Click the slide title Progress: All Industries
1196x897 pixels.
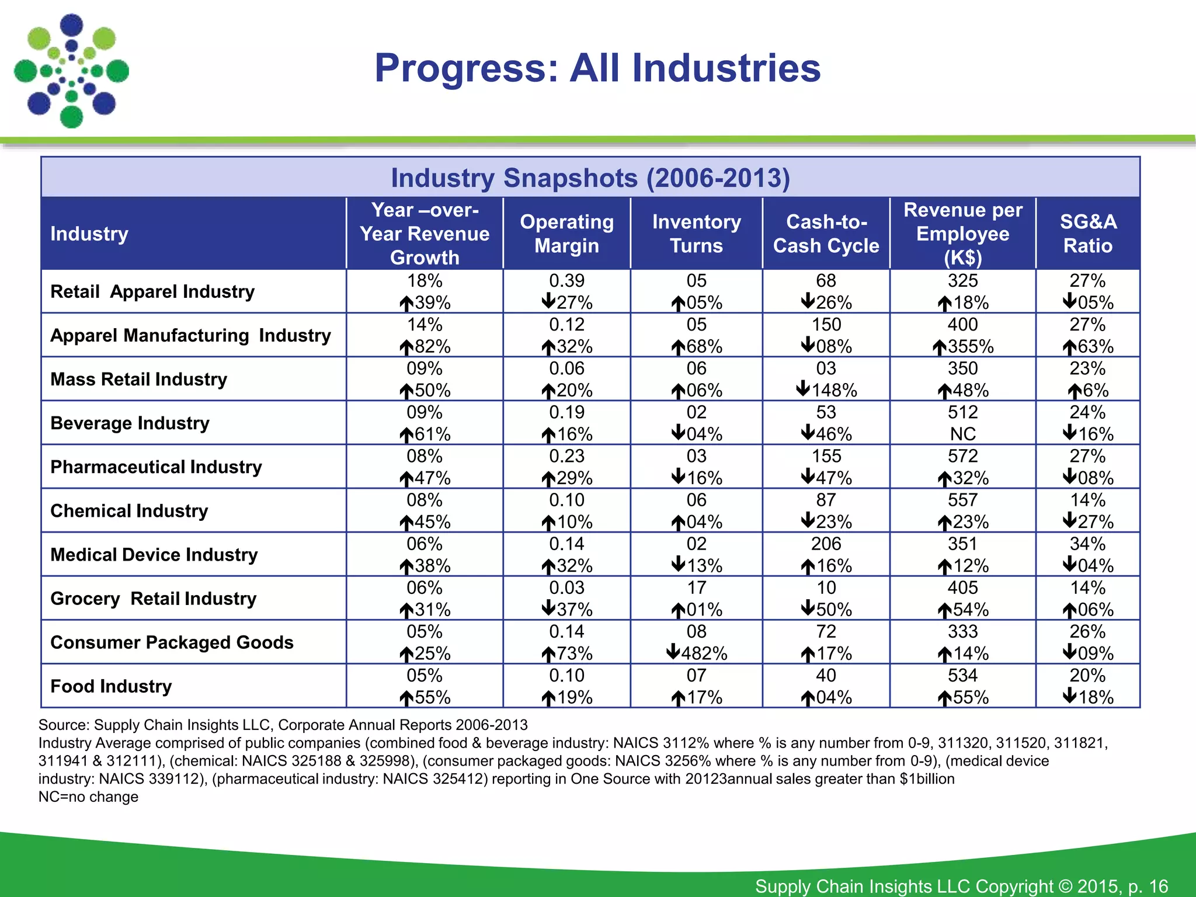(x=597, y=68)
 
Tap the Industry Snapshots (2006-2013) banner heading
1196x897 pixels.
(x=590, y=178)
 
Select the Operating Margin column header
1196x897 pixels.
(x=566, y=234)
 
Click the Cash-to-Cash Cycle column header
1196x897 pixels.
(x=826, y=234)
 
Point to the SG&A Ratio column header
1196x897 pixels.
(x=1087, y=234)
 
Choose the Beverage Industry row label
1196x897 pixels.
(x=130, y=423)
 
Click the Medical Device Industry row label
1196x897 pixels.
(x=154, y=554)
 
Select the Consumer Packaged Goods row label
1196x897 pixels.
(x=172, y=642)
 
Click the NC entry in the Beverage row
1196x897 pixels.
(x=962, y=434)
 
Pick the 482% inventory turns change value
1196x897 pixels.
(x=704, y=653)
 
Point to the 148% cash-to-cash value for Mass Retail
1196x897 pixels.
(x=834, y=390)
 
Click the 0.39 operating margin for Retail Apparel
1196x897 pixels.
(x=566, y=281)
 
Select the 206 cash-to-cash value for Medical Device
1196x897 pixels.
(x=826, y=544)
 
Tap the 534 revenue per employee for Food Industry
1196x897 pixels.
(x=962, y=675)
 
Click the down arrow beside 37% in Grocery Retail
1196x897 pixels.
(x=548, y=609)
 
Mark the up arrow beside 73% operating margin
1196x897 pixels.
(x=548, y=654)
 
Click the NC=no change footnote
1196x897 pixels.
(x=88, y=797)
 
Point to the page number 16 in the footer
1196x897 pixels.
(x=1158, y=886)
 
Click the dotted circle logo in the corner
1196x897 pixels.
(x=71, y=71)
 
